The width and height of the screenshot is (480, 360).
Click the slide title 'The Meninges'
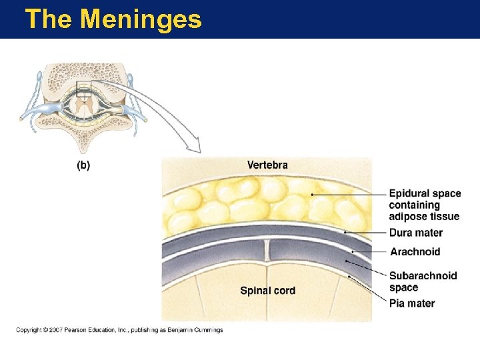coord(113,19)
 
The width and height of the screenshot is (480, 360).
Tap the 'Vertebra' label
coord(267,165)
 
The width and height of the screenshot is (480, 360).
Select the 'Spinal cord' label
coord(267,290)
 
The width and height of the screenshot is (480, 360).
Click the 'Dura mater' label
coord(416,233)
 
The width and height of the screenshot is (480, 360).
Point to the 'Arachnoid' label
coord(415,252)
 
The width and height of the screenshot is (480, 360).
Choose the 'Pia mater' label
coord(412,303)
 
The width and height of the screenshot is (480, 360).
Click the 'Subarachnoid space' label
coord(423,281)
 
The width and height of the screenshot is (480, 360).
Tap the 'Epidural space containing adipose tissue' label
coord(425,205)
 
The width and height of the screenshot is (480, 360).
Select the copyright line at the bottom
coord(119,330)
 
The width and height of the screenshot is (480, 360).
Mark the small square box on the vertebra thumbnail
coord(84,89)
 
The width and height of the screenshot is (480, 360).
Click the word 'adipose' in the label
coord(407,216)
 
